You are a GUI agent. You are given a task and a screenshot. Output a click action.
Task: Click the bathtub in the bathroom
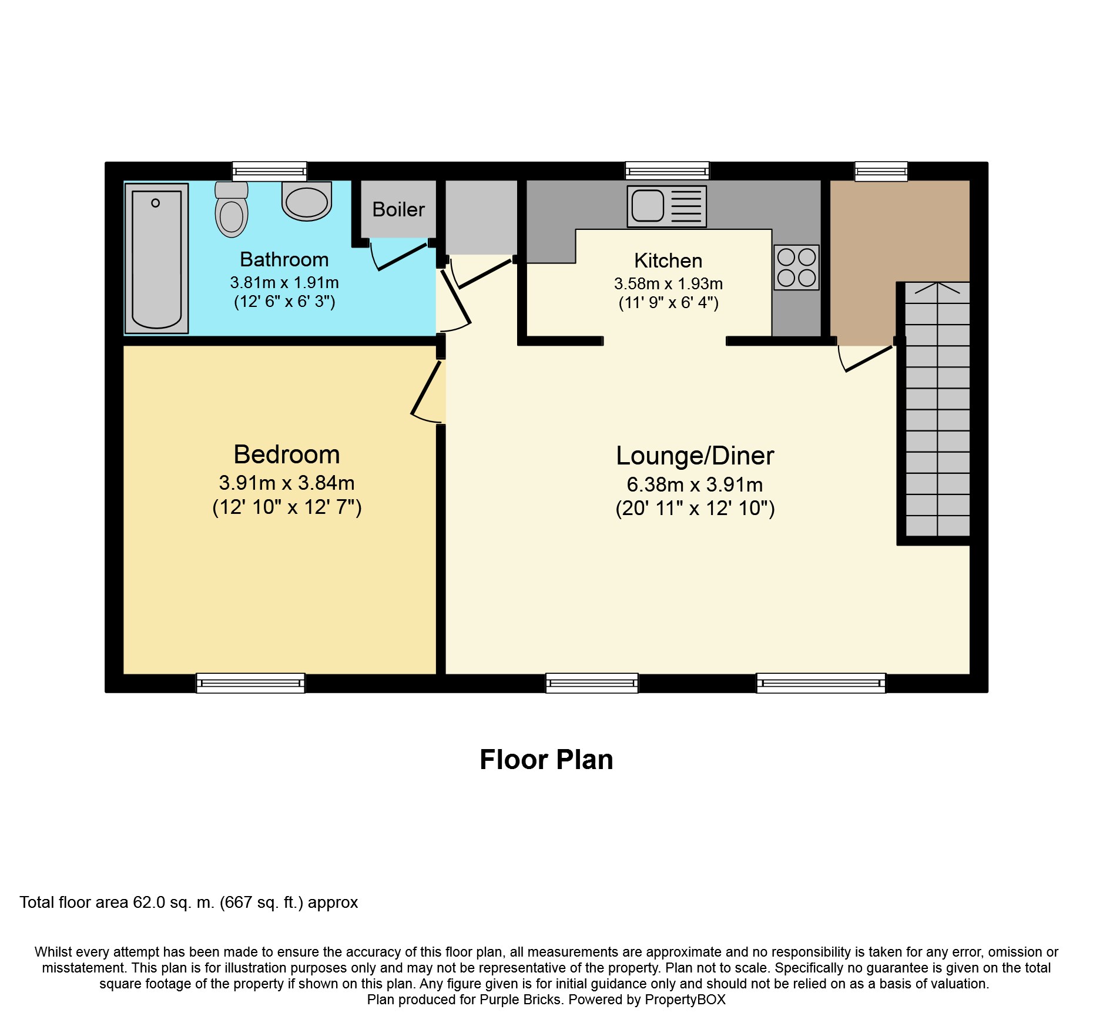(156, 259)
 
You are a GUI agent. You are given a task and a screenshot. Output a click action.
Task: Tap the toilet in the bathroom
(232, 209)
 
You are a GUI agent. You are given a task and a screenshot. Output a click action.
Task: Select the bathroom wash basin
(307, 201)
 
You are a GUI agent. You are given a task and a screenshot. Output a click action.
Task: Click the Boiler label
(398, 209)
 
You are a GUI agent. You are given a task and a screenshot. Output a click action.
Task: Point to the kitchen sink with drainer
(667, 206)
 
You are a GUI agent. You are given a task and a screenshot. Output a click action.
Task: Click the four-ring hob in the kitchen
(796, 268)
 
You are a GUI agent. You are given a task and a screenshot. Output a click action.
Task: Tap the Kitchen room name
(668, 260)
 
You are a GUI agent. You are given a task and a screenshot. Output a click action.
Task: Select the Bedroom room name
(287, 454)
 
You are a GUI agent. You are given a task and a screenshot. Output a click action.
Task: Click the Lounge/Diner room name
(695, 456)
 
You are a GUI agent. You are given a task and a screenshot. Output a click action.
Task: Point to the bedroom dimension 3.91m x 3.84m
(287, 483)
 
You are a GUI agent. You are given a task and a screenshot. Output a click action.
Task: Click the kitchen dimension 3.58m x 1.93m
(668, 283)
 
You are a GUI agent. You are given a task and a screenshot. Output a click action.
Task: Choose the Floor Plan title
(546, 760)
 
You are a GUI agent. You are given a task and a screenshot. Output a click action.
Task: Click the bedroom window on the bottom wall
(250, 683)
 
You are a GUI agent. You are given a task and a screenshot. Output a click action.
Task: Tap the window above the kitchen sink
(667, 171)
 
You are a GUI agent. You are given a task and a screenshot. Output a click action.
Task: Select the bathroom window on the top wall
(269, 171)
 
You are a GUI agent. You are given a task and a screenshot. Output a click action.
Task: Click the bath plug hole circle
(155, 203)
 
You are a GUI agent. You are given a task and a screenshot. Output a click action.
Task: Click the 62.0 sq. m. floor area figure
(174, 903)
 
